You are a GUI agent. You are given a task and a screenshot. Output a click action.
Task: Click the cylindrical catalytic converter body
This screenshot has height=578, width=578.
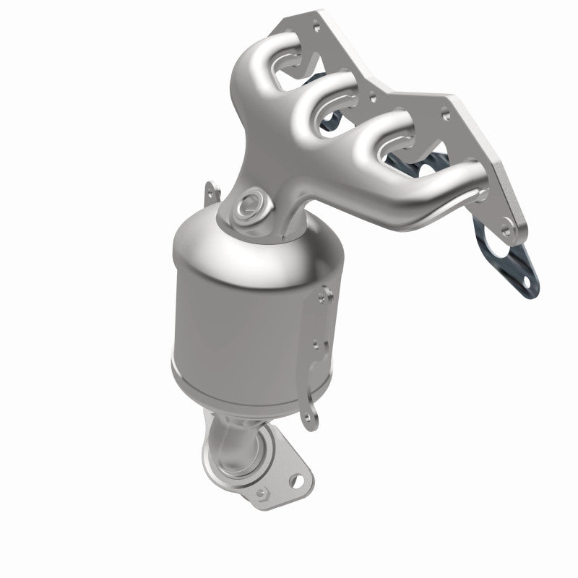tap(238, 318)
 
